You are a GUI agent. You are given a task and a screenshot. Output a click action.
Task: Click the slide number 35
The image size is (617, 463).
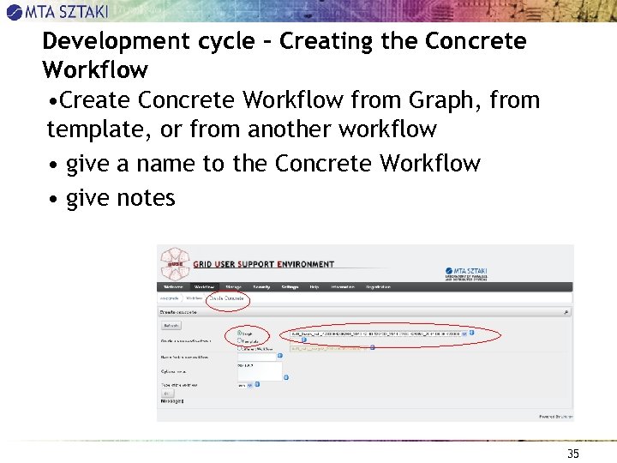pyautogui.click(x=573, y=454)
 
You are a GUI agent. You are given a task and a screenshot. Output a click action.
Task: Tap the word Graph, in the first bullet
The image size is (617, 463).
pyautogui.click(x=446, y=100)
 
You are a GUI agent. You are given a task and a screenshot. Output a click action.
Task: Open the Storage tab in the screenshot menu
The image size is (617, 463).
pyautogui.click(x=233, y=286)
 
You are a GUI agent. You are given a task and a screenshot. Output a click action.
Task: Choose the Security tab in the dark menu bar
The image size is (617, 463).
pyautogui.click(x=261, y=286)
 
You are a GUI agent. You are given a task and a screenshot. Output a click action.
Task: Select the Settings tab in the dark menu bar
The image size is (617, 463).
pyautogui.click(x=289, y=286)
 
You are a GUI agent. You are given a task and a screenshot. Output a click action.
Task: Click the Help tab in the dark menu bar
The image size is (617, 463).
pyautogui.click(x=314, y=286)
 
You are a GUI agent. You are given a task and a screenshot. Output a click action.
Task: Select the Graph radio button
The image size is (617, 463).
pyautogui.click(x=239, y=334)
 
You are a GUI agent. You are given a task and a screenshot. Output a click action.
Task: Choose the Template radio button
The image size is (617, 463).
pyautogui.click(x=239, y=341)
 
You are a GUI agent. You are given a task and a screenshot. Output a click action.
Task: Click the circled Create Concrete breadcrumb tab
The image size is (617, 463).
pyautogui.click(x=227, y=299)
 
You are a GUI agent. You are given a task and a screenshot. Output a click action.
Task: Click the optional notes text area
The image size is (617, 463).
pyautogui.click(x=259, y=370)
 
